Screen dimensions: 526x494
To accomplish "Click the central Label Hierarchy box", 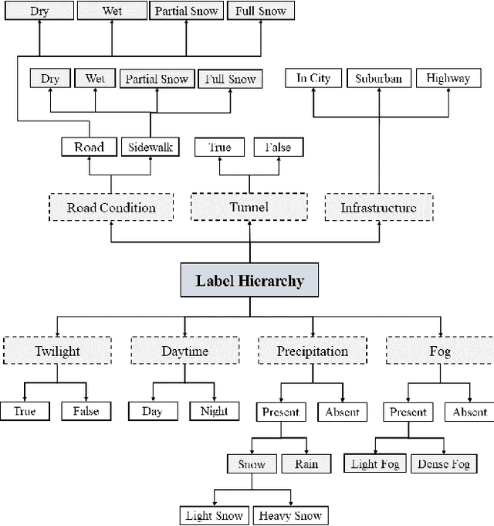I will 249,281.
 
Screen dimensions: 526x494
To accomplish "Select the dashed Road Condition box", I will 111,207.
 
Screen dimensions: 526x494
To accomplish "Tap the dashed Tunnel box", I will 249,207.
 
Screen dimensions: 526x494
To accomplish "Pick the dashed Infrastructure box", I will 378,207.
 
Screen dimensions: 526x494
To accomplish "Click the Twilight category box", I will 56,351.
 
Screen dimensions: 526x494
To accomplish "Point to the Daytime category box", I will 184,351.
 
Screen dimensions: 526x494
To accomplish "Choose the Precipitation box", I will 312,351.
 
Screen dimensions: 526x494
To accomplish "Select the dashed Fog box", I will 439,351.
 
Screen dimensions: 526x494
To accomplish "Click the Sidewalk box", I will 151,147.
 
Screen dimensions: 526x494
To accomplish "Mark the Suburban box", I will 378,78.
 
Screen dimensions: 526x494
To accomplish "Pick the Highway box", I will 448,78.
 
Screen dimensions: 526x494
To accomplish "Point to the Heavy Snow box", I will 289,515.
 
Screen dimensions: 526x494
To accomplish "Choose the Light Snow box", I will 215,515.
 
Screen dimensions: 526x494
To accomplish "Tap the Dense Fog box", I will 443,463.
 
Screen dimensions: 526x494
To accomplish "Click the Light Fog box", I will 375,463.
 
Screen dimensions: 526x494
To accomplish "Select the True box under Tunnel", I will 219,147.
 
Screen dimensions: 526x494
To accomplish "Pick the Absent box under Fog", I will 469,412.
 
